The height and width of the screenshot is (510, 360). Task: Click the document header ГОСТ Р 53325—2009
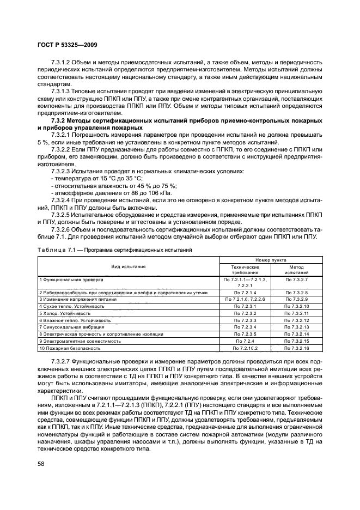[67, 44]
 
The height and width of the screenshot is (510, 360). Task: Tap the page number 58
[41, 463]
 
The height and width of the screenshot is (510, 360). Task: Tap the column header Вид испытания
[129, 267]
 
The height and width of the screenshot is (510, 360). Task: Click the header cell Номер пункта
[271, 260]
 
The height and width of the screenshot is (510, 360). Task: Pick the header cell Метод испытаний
[296, 270]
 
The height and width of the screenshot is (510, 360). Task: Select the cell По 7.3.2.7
[296, 279]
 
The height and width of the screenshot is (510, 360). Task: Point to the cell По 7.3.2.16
[296, 348]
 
